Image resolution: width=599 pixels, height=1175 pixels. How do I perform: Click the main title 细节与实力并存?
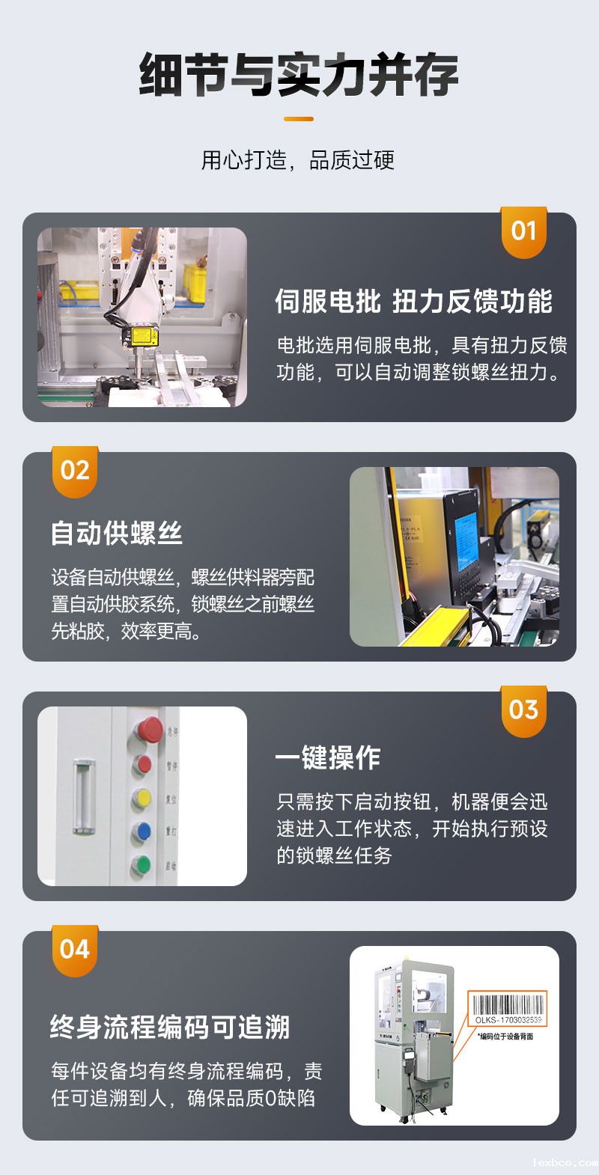point(299,75)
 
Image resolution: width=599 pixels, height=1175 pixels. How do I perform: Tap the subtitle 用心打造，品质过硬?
point(298,159)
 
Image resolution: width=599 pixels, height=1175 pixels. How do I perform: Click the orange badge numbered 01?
point(523,232)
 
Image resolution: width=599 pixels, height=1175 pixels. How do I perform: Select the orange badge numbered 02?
point(75,471)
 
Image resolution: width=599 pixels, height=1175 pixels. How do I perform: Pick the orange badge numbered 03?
point(523,711)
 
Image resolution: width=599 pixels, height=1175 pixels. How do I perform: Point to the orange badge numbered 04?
point(75,950)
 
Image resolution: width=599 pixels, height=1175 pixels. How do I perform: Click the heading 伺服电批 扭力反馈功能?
point(413,301)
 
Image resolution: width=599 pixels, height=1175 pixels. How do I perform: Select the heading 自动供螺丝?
point(117,534)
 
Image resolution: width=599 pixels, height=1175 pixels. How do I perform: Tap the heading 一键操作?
point(327,758)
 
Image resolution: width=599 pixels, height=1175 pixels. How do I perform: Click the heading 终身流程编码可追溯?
point(170,1028)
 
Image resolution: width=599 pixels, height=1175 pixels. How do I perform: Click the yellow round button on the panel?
point(142,799)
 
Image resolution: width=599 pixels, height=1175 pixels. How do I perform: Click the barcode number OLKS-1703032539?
point(508,1020)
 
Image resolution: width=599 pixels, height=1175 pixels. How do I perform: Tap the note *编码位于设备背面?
point(506,1037)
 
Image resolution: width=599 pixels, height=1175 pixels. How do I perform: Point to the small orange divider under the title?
point(299,118)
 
